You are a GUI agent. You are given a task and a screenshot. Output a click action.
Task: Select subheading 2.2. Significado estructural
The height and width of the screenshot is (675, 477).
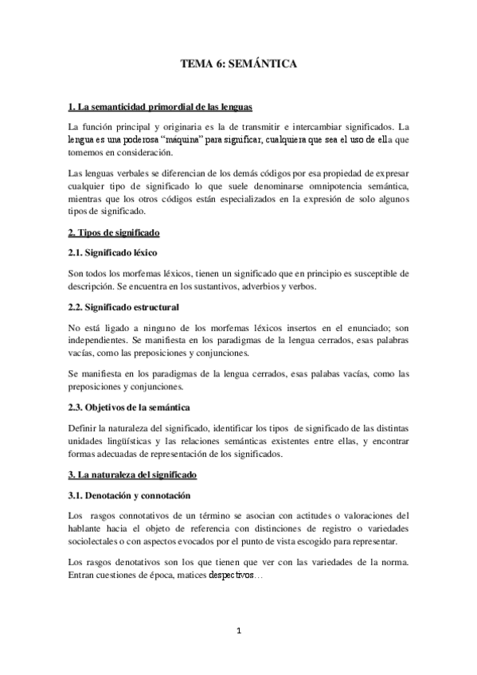tap(123, 306)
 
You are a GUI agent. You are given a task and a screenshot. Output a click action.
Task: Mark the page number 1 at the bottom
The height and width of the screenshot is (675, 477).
tap(238, 633)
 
